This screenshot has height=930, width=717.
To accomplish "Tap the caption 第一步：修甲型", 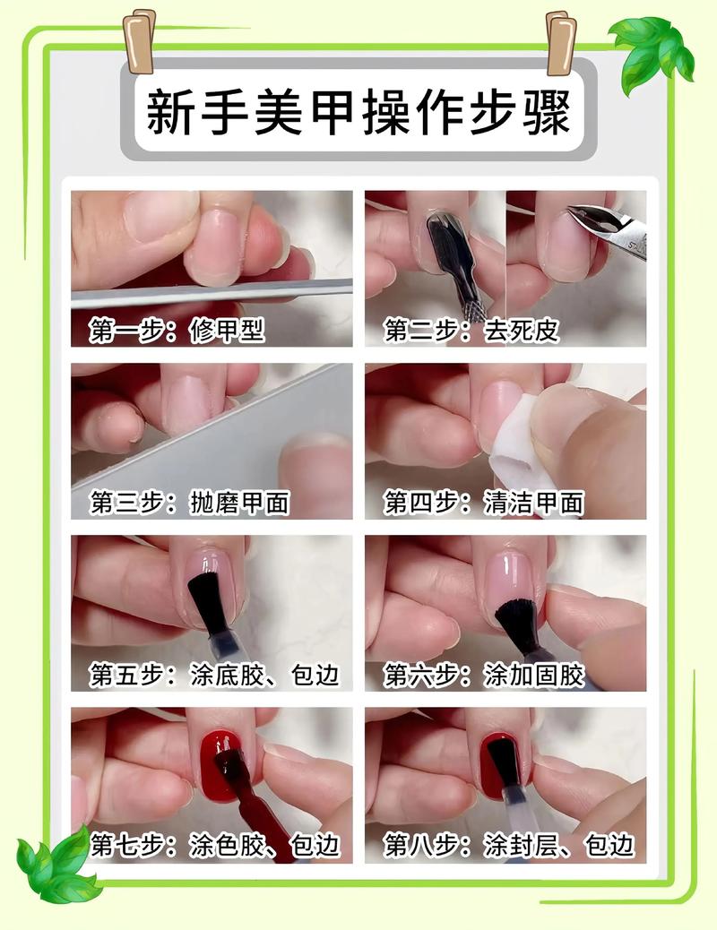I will pos(177,331).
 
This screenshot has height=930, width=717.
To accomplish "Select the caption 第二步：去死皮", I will pos(471,331).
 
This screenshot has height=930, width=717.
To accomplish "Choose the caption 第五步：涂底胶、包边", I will pos(214,675).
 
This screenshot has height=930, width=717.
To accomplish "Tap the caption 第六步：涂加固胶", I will pos(484,675).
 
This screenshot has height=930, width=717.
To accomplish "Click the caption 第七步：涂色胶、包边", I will pos(214,845).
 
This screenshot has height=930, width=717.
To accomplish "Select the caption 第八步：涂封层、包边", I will pos(509,845).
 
